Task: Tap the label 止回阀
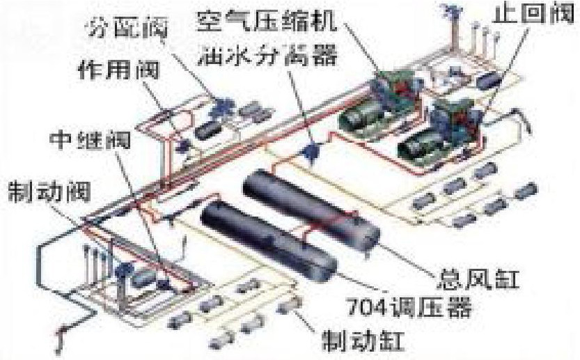pos(525,15)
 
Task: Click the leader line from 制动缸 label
pos(306,326)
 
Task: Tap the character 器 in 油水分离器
pos(323,53)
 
